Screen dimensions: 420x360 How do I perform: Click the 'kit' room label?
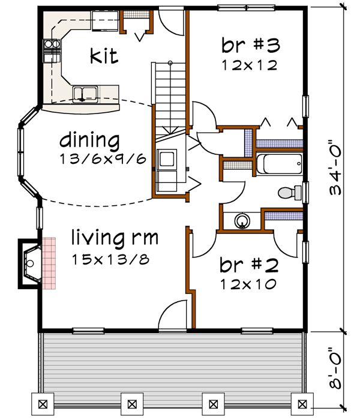pos(104,57)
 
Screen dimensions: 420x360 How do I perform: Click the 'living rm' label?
pos(115,238)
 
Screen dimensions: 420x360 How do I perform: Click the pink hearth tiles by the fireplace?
pos(48,263)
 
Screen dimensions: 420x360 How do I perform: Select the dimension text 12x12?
pos(249,65)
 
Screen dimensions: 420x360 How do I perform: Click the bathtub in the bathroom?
pos(279,164)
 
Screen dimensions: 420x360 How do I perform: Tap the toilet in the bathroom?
pos(290,193)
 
